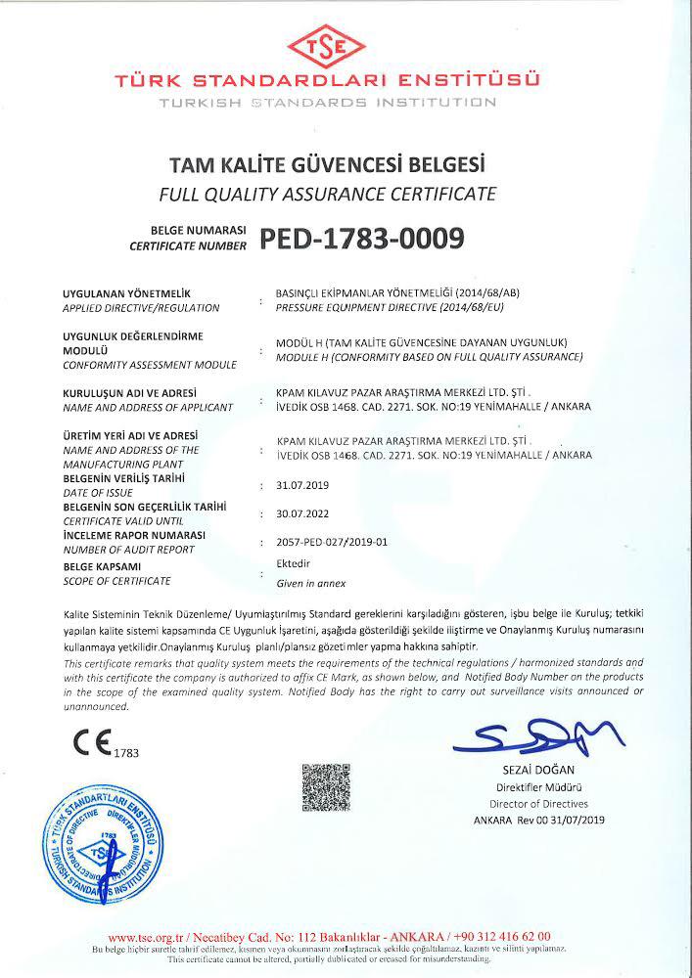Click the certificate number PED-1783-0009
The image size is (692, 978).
point(361,239)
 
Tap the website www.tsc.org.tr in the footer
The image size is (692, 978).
point(145,936)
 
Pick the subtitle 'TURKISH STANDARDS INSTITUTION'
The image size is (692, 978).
point(328,101)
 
